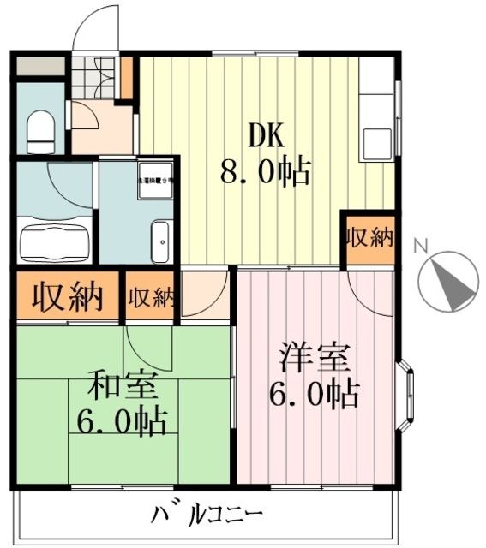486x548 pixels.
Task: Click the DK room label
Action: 265,135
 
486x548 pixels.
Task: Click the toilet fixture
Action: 39,131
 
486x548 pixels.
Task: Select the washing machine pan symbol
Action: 155,180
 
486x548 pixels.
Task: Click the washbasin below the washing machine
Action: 160,240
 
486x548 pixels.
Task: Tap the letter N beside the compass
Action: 420,247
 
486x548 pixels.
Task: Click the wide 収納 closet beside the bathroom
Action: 67,296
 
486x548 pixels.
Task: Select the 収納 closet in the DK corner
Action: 369,238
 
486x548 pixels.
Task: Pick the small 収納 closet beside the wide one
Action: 151,297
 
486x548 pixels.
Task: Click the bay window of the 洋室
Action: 407,398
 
